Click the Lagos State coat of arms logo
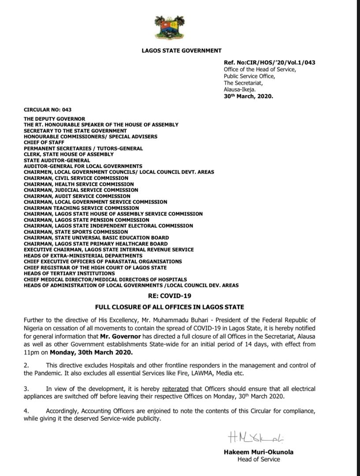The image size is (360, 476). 170,27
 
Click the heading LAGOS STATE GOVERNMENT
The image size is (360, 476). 182,51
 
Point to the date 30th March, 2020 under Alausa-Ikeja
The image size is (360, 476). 248,95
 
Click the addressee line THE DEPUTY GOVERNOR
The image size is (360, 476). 55,119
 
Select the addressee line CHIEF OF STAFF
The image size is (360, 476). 44,143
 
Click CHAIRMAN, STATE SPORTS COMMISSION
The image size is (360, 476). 76,232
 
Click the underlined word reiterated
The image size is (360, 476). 175,389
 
